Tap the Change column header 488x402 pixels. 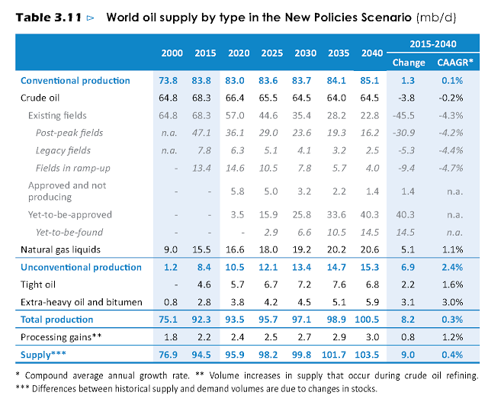[x=409, y=63]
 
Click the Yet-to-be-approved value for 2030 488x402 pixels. [x=315, y=214]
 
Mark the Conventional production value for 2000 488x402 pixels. [x=172, y=80]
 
